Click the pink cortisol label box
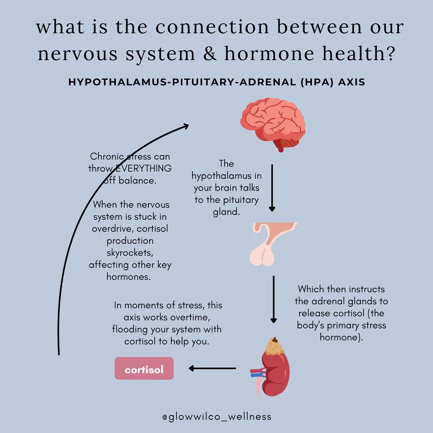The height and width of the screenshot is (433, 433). [x=144, y=369]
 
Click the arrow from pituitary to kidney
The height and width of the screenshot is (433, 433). [x=273, y=299]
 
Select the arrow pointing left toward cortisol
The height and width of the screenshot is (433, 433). [x=212, y=368]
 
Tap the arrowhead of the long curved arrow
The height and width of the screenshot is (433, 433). [x=185, y=127]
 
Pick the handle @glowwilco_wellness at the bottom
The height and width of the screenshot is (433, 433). [x=216, y=417]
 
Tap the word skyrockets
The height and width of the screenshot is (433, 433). [x=129, y=253]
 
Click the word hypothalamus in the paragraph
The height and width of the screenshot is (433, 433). [x=227, y=176]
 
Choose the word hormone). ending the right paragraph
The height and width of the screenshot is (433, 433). [x=341, y=337]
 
